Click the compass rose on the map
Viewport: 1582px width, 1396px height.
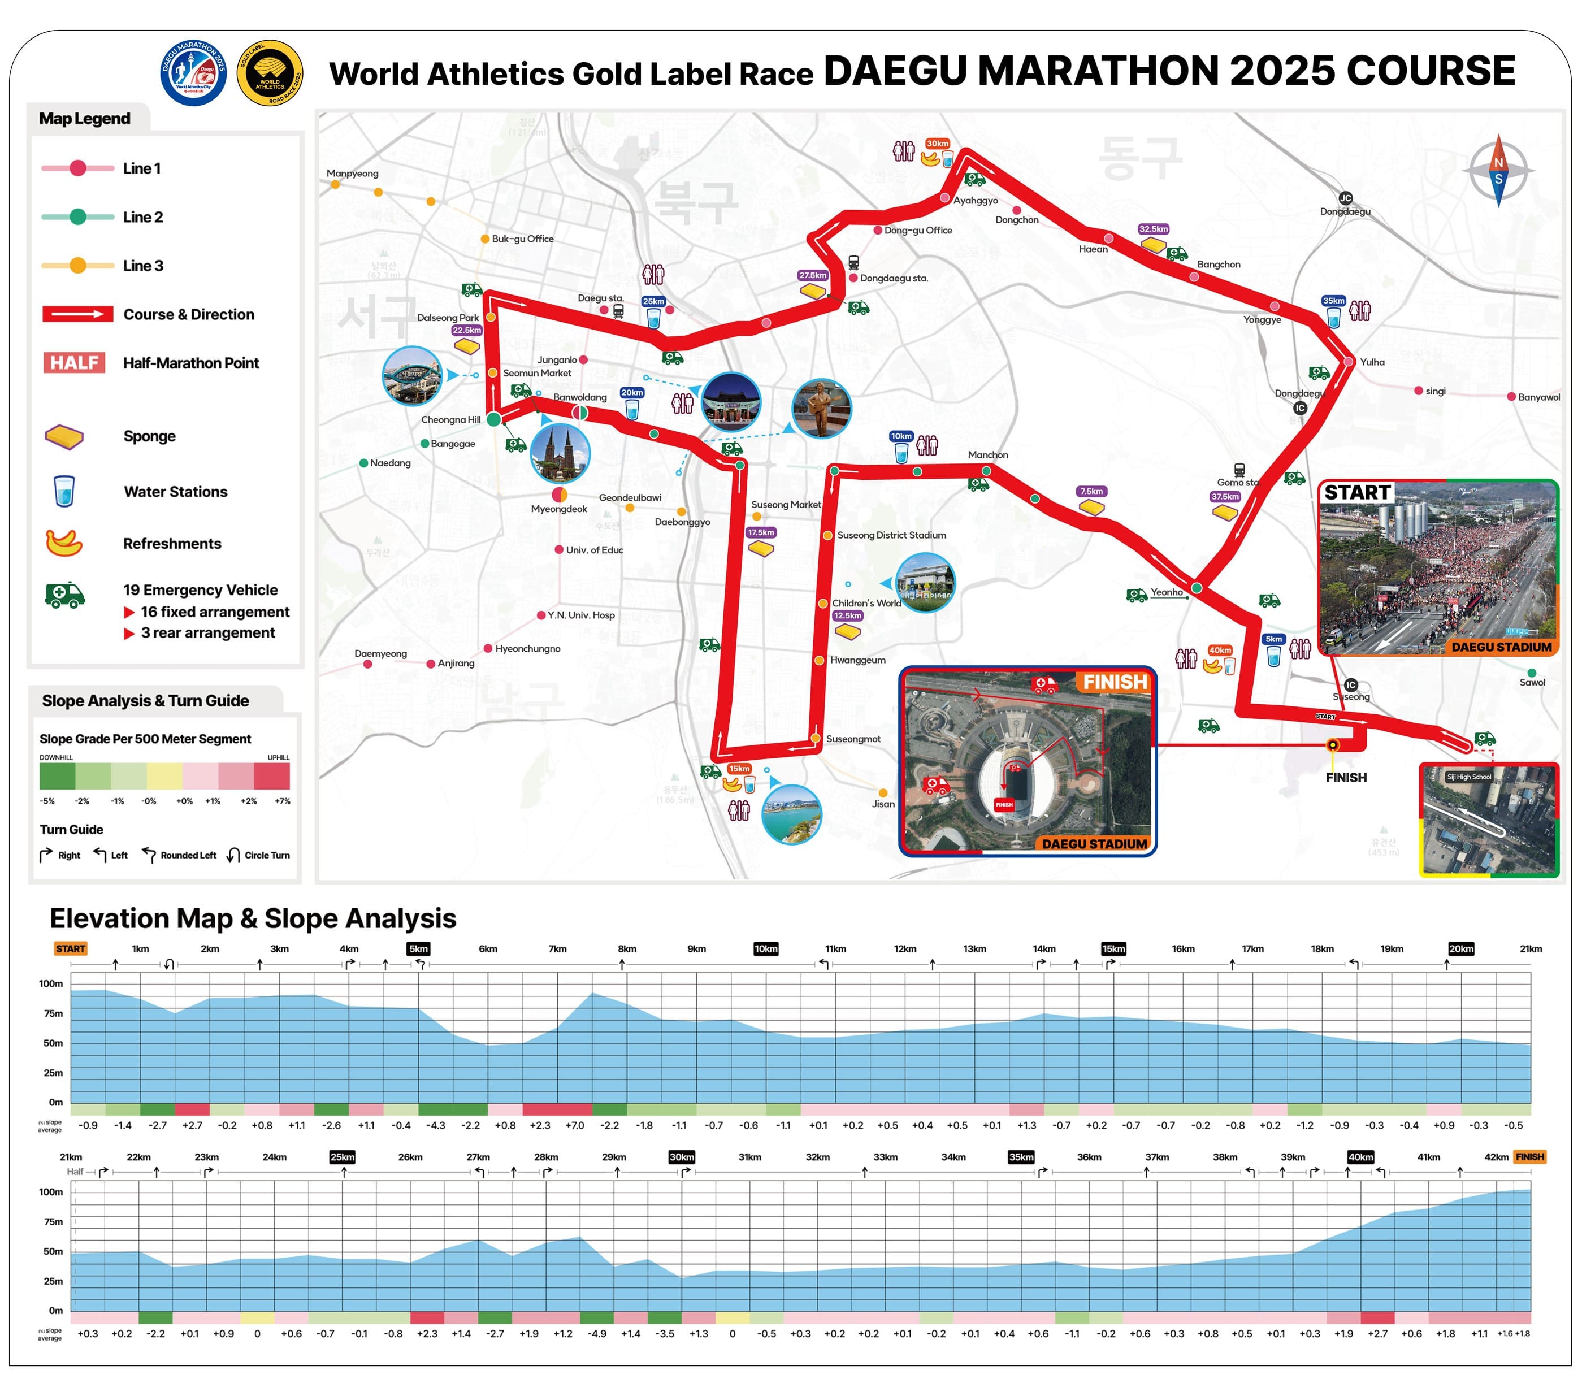[1498, 170]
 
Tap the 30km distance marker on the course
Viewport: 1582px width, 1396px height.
[937, 143]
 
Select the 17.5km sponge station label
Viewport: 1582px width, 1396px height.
[760, 532]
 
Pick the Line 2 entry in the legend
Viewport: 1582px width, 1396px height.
[142, 216]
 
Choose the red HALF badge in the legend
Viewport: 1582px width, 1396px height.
[74, 362]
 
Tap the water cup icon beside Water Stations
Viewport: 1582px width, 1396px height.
[64, 491]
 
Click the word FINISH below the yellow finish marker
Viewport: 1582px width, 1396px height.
[1345, 777]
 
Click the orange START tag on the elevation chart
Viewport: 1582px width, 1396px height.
[71, 949]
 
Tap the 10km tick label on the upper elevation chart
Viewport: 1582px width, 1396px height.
[765, 949]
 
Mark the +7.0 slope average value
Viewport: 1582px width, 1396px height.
[574, 1125]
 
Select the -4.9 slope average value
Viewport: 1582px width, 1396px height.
[597, 1333]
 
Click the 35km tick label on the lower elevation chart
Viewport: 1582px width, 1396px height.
[1021, 1157]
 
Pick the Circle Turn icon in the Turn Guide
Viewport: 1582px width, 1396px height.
[233, 855]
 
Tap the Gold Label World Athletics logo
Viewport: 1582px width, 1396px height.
[270, 73]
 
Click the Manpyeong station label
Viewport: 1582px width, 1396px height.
[352, 174]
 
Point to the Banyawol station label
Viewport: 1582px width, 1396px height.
[1538, 397]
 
